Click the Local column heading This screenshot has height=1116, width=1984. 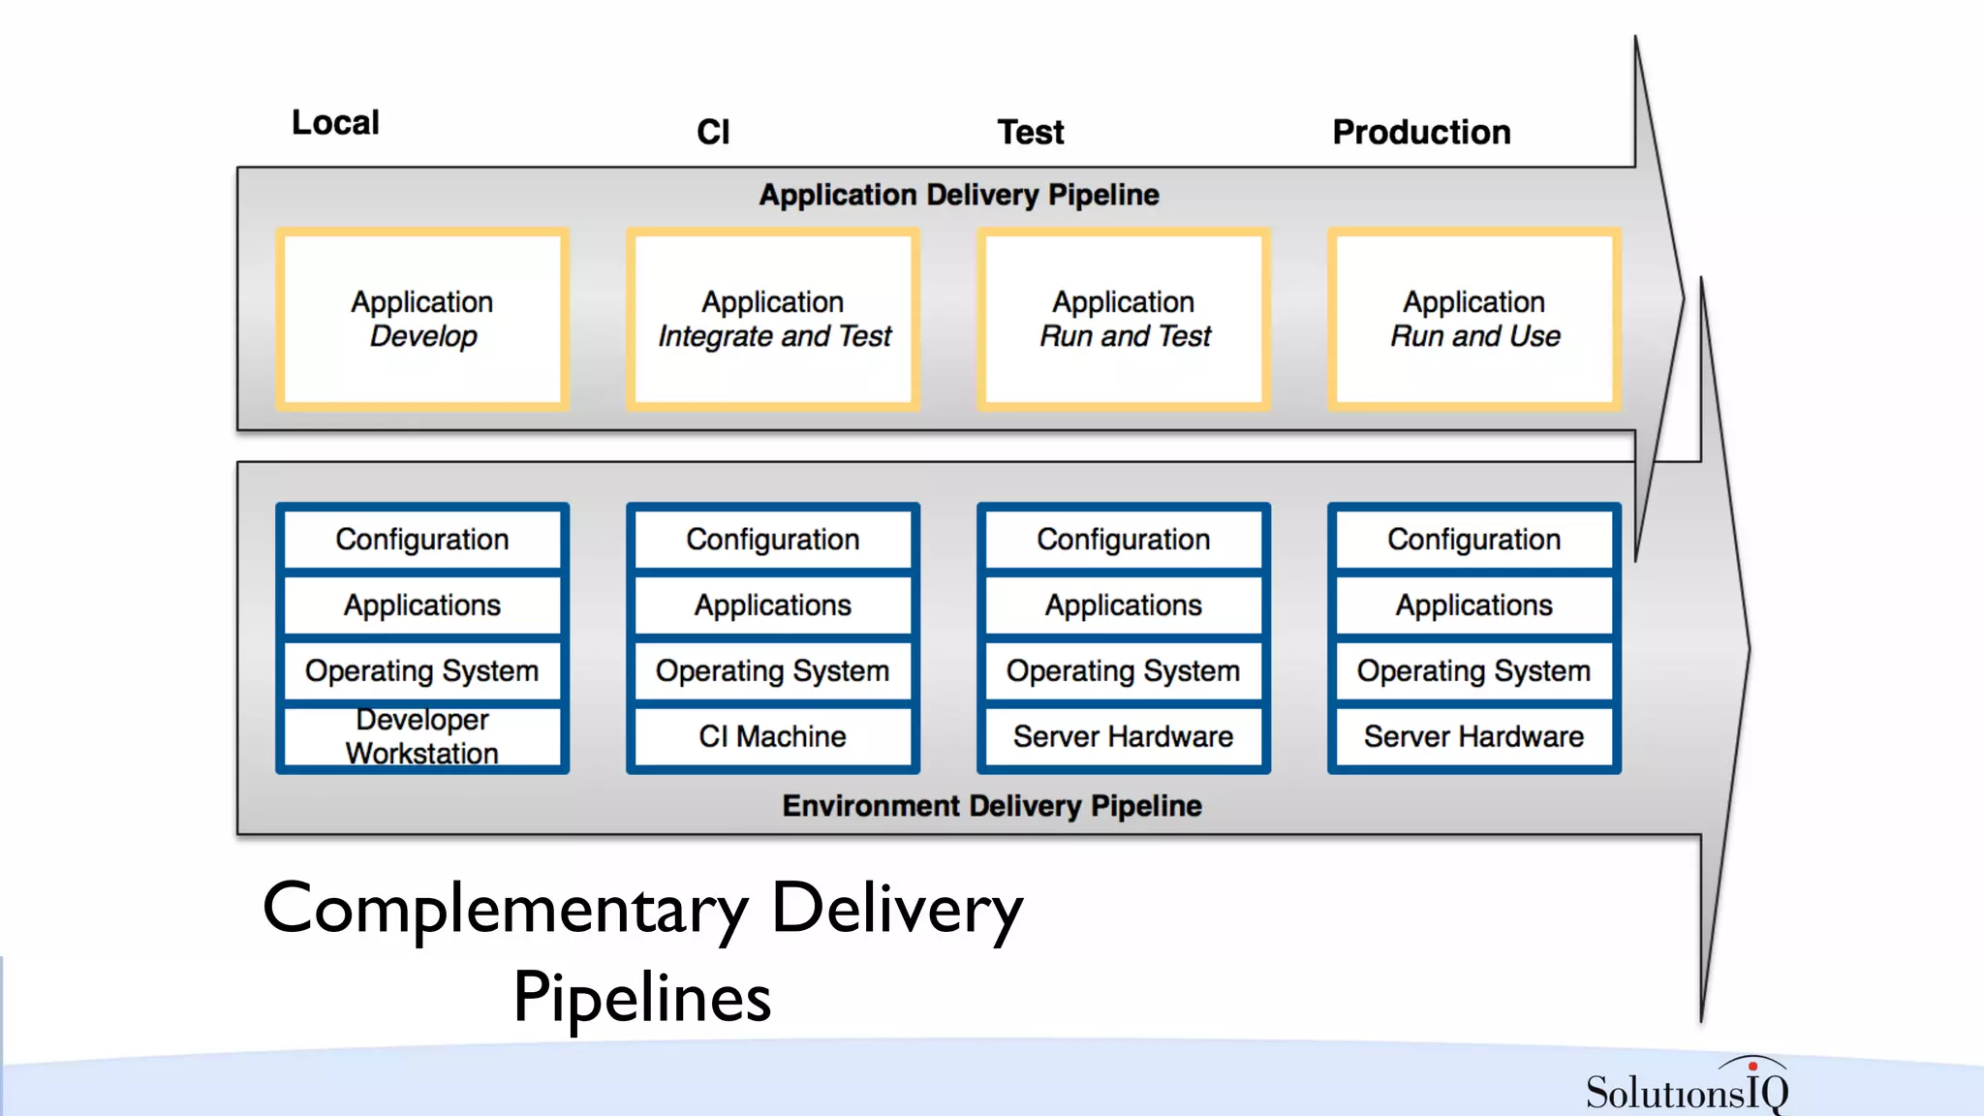(x=335, y=123)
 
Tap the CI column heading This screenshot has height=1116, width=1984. (x=713, y=132)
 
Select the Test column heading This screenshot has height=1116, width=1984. (x=1031, y=132)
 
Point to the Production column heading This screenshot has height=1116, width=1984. (x=1421, y=132)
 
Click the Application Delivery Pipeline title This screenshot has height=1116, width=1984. (x=958, y=195)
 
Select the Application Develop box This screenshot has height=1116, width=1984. (x=422, y=319)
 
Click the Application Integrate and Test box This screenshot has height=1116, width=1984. (x=773, y=319)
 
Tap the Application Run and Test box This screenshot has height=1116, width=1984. (x=1124, y=319)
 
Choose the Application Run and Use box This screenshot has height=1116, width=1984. (x=1474, y=319)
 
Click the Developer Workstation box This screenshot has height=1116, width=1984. (x=422, y=737)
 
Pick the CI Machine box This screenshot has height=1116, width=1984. (x=773, y=737)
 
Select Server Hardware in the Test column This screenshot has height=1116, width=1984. (x=1124, y=737)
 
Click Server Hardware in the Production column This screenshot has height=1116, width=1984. (x=1474, y=737)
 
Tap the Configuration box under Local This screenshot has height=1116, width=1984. (x=422, y=540)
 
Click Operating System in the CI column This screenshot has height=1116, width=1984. (x=773, y=671)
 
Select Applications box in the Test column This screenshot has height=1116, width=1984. (x=1124, y=605)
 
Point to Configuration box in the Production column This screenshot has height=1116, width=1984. (x=1474, y=540)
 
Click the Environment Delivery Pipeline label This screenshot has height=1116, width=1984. (x=992, y=806)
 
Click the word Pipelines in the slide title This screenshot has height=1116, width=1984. (x=642, y=997)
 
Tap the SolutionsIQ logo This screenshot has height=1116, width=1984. (x=1687, y=1088)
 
